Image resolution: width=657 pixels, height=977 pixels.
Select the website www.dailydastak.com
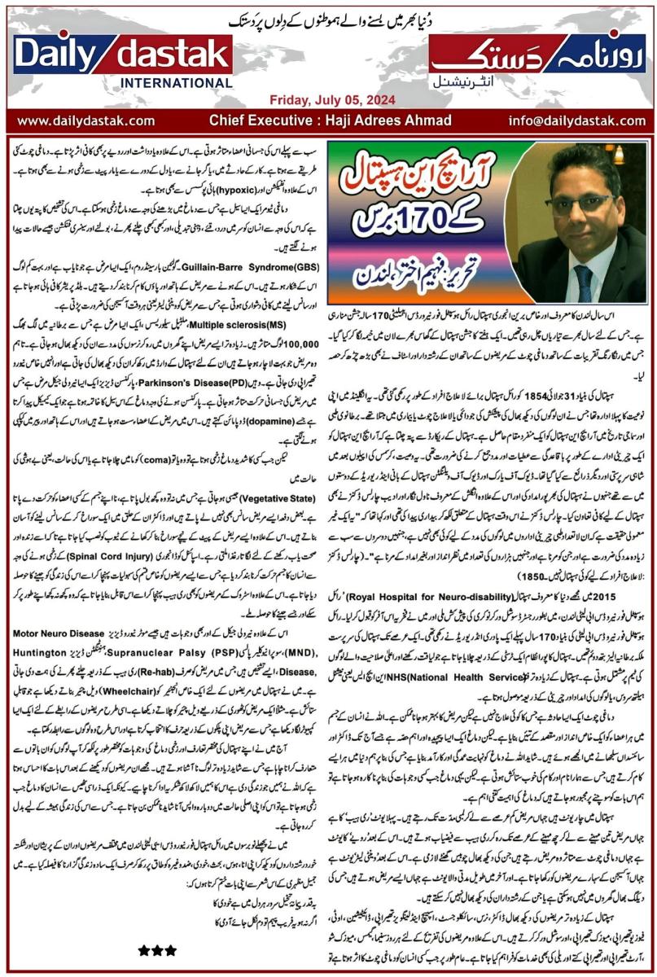coord(86,120)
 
